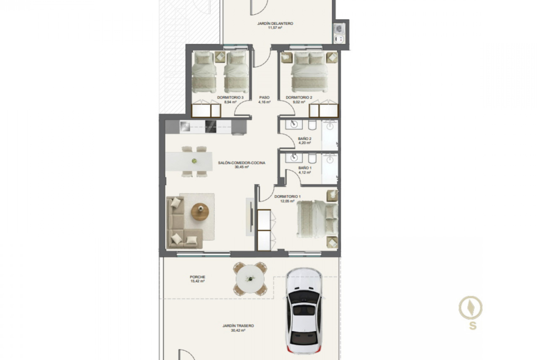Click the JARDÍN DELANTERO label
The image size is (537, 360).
coord(275,23)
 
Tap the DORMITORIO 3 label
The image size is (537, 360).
coord(230,98)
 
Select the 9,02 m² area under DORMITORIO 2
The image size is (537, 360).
coord(299,102)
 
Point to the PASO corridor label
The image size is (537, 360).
coord(264,98)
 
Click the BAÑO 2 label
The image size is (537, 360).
coord(304,138)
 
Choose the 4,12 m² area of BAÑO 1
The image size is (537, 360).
coord(305,172)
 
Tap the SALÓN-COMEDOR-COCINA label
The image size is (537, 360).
coord(241,163)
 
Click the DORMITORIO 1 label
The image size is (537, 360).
coord(287,197)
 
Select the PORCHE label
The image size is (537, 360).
coord(198,277)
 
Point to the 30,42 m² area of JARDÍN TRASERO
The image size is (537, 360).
coord(238,331)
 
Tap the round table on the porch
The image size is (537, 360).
coord(250,279)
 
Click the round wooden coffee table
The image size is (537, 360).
coord(200,212)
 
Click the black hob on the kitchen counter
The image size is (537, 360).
coord(211,127)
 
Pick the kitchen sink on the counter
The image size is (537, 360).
coord(185,127)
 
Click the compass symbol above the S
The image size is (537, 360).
coord(470,308)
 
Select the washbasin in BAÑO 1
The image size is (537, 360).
coord(294,158)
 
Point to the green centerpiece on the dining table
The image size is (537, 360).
coord(194,161)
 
